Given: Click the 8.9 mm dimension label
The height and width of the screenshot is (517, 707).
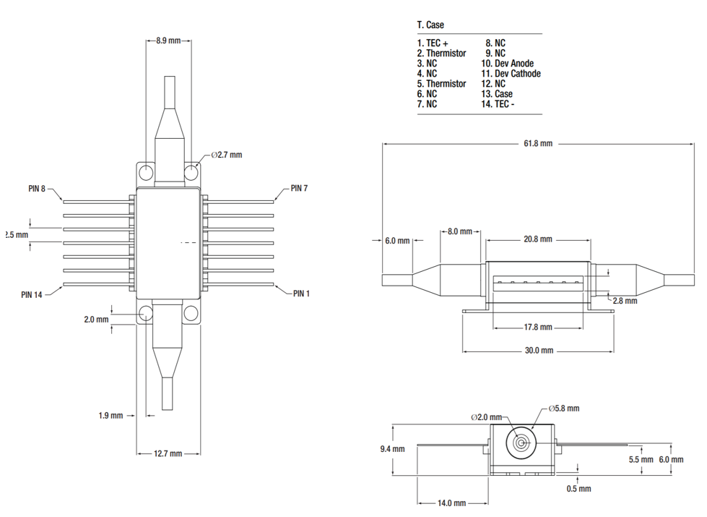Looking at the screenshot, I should pyautogui.click(x=169, y=41).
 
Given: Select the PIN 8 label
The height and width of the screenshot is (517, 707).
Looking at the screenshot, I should pyautogui.click(x=37, y=189).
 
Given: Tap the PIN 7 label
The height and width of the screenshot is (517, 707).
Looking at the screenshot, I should pyautogui.click(x=299, y=188).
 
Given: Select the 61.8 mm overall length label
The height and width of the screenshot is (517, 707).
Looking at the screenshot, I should pyautogui.click(x=537, y=144).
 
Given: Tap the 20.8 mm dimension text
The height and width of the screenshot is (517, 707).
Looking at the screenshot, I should pyautogui.click(x=537, y=239).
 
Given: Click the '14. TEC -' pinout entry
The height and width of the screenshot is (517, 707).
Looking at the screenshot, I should pyautogui.click(x=498, y=104).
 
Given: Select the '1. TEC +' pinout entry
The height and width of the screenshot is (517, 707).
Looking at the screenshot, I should pyautogui.click(x=433, y=43).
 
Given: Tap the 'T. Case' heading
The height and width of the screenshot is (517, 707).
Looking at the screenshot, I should pyautogui.click(x=431, y=25).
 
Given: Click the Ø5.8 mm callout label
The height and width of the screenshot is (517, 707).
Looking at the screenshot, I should pyautogui.click(x=563, y=409).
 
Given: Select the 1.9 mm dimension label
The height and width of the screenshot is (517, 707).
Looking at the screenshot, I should pyautogui.click(x=111, y=415).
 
